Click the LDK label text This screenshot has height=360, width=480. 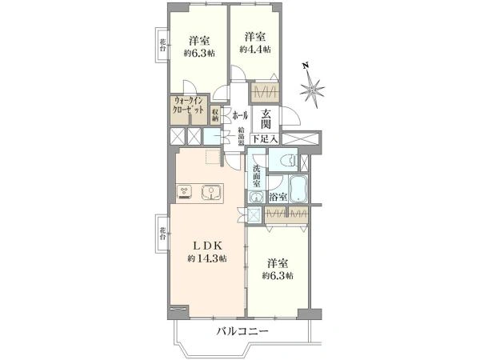tap(204, 246)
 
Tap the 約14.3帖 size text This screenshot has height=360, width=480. tap(207, 259)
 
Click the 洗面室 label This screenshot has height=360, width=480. tap(257, 176)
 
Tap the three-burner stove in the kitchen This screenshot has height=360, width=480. tap(185, 192)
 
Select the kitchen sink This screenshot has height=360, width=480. tap(214, 192)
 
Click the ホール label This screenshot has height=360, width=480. tap(239, 116)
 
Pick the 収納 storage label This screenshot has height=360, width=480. tap(216, 114)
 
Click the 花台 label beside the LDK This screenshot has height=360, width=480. tap(162, 234)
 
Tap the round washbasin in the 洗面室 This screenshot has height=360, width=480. tap(257, 198)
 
